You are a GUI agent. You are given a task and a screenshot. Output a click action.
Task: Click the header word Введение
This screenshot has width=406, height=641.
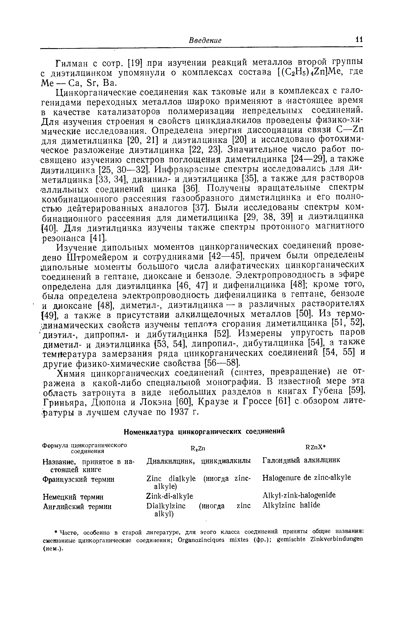205,41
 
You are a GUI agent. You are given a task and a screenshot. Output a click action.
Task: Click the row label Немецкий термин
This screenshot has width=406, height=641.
73,497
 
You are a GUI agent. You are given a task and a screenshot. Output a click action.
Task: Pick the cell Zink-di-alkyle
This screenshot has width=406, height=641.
170,496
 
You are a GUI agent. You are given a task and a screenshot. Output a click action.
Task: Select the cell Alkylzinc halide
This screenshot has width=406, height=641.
291,505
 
